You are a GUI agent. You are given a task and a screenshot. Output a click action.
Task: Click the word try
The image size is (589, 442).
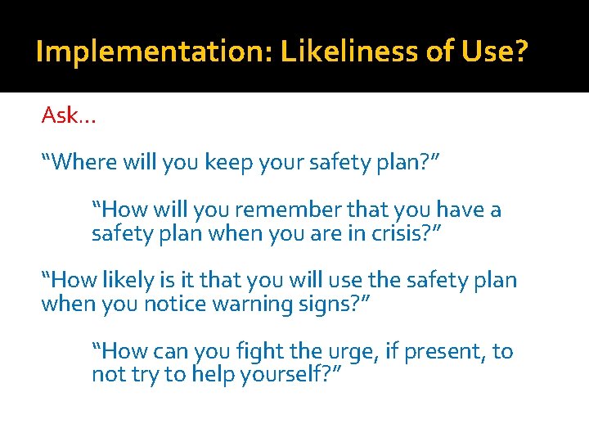click(131, 377)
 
